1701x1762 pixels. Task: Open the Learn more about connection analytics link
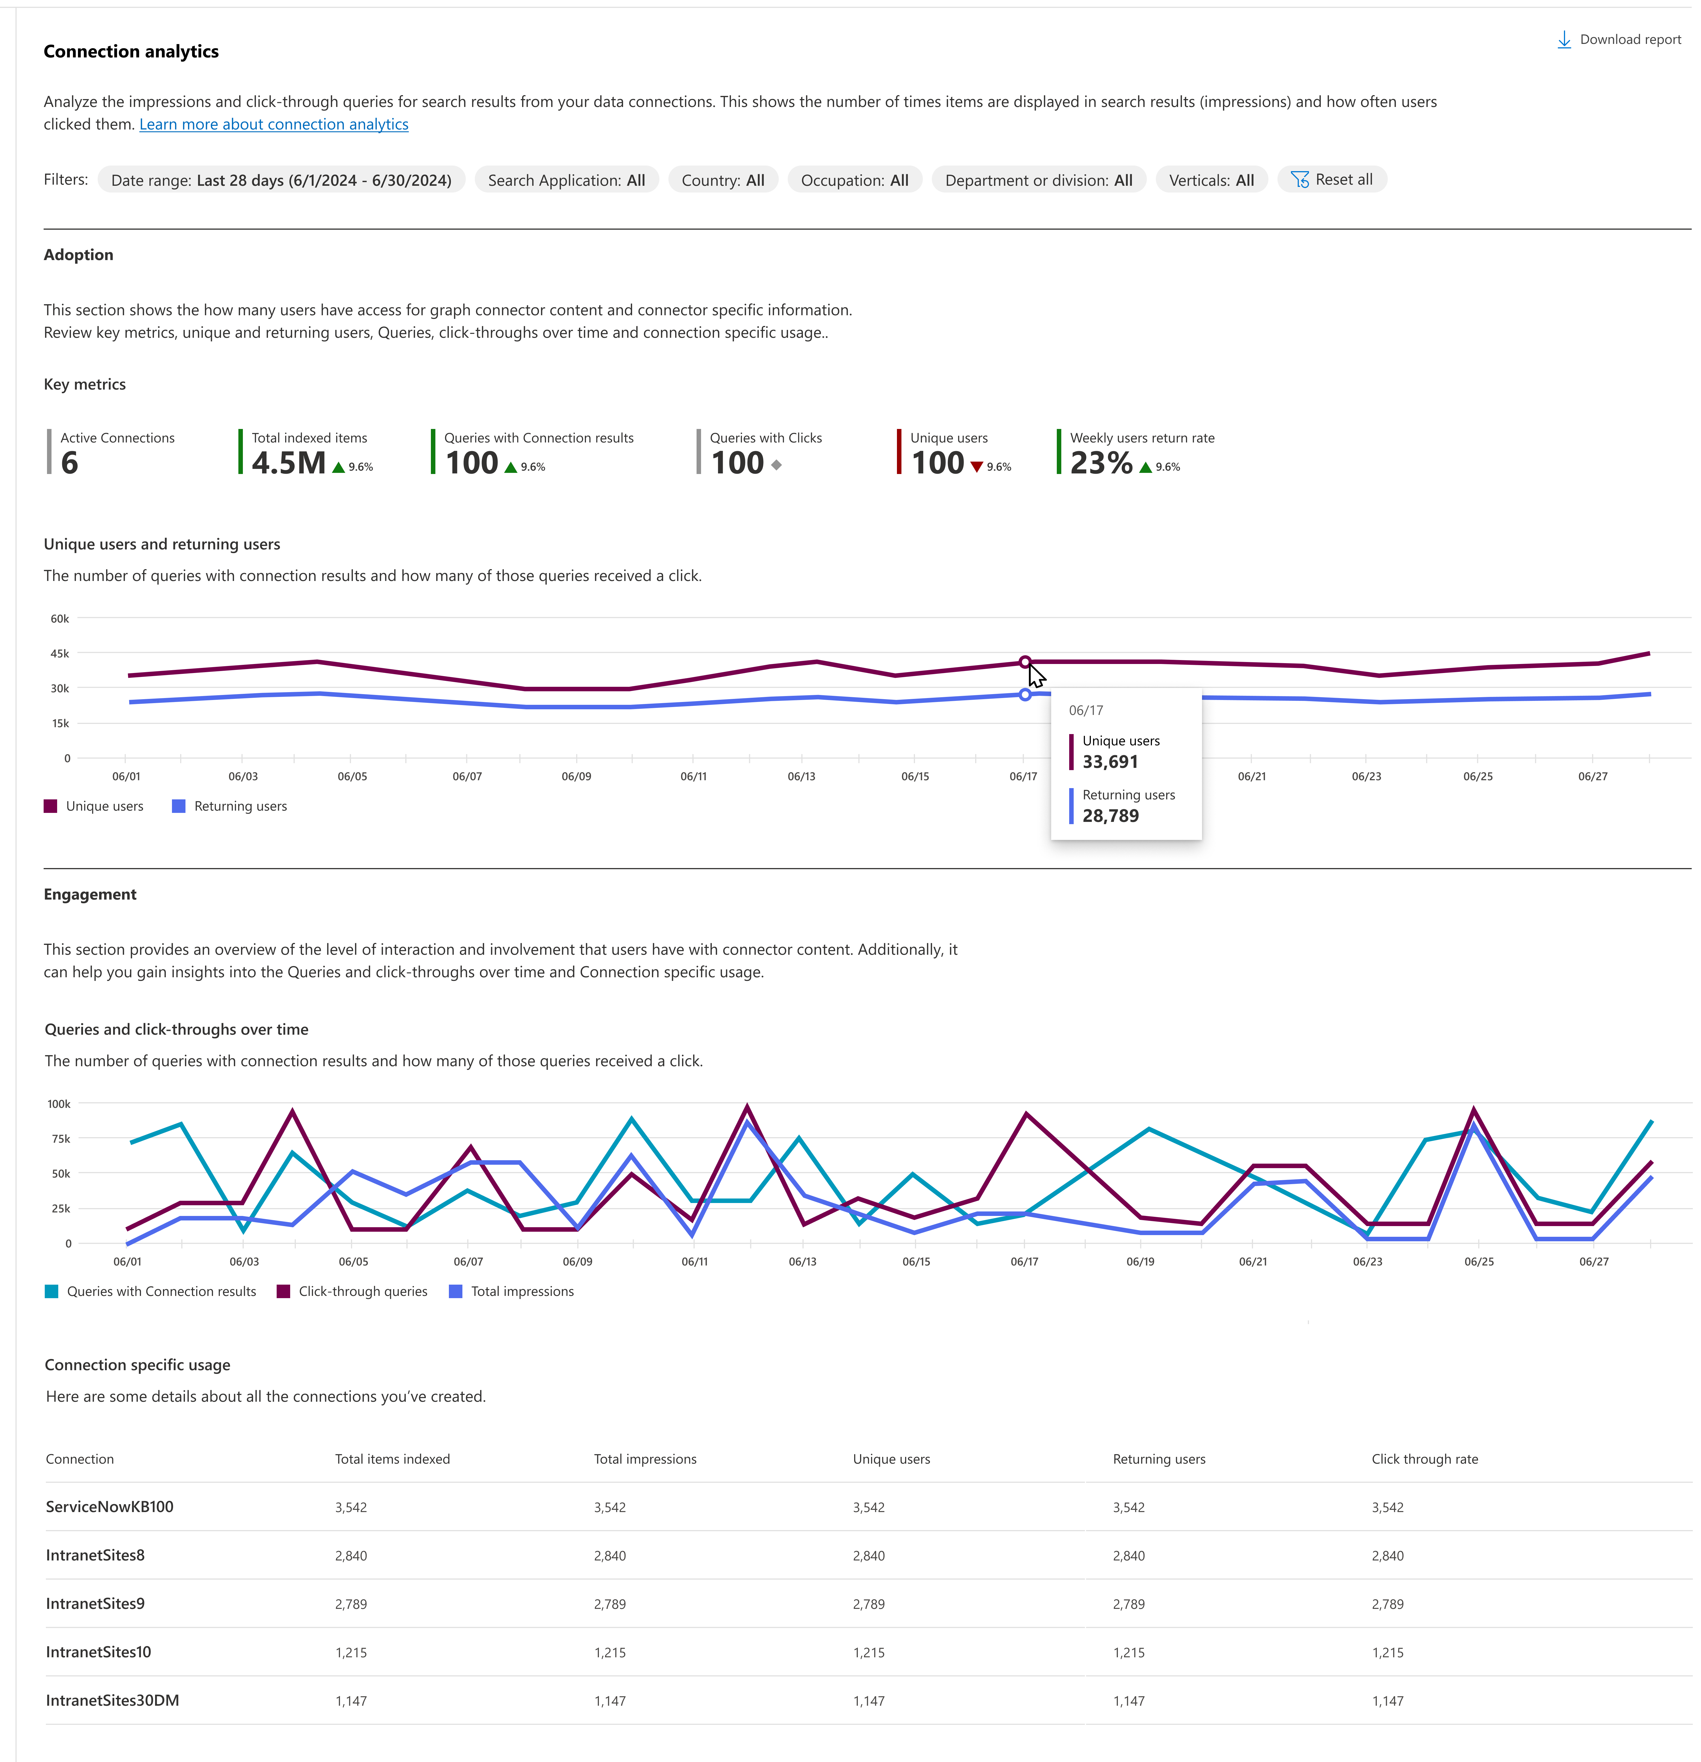point(273,124)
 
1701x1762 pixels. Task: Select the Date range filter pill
point(281,180)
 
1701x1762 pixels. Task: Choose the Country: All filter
point(723,180)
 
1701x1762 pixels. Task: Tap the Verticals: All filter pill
point(1211,180)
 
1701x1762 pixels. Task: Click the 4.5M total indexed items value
point(288,463)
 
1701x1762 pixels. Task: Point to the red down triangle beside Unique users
point(976,467)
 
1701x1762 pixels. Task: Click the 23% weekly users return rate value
point(1100,463)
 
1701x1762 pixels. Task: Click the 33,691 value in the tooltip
point(1110,761)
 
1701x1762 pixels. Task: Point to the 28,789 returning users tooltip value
point(1110,815)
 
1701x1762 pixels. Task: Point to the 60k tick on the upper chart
point(59,618)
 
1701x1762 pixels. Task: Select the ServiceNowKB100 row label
point(110,1507)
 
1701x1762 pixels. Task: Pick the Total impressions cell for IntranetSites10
point(610,1652)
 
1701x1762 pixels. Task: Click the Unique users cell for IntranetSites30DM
point(869,1701)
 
